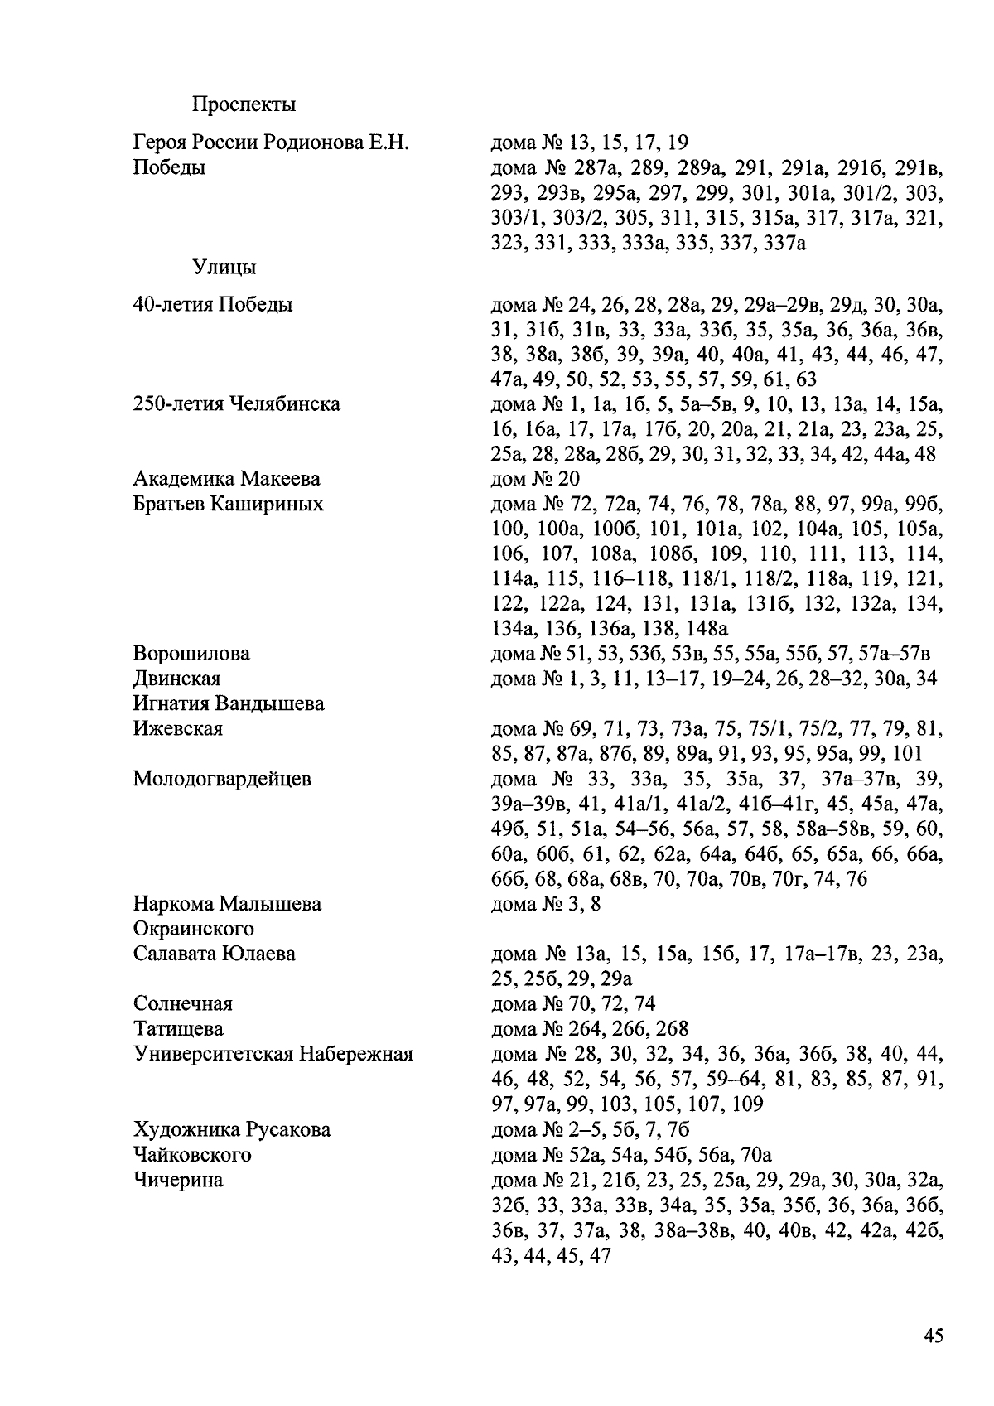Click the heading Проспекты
point(244,105)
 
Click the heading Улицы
point(224,268)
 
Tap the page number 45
point(933,1336)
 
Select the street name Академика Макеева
point(226,479)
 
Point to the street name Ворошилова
point(191,654)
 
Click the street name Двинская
point(176,679)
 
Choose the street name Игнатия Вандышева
point(228,703)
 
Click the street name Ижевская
point(177,729)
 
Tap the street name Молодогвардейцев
point(221,779)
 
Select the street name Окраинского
point(193,929)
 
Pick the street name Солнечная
point(182,1004)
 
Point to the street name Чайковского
point(191,1154)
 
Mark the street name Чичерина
point(177,1180)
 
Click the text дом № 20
point(535,479)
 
